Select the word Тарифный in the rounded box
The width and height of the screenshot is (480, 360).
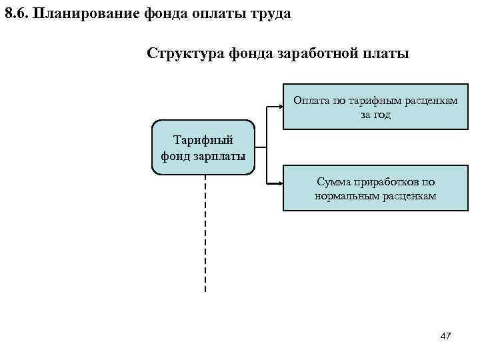[203, 141]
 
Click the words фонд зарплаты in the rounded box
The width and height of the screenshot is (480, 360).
[203, 156]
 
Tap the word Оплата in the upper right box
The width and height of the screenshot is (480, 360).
[312, 101]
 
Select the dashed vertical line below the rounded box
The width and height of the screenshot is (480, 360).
[205, 233]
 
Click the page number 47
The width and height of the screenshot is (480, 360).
[446, 336]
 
